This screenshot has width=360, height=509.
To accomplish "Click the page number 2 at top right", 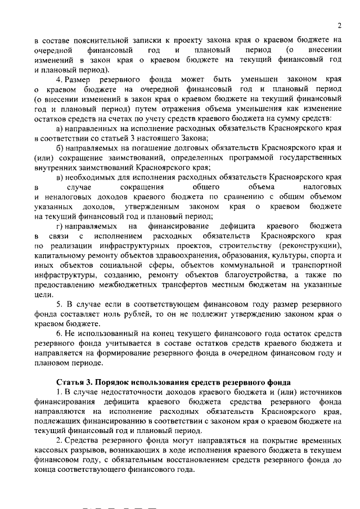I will pyautogui.click(x=340, y=25).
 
